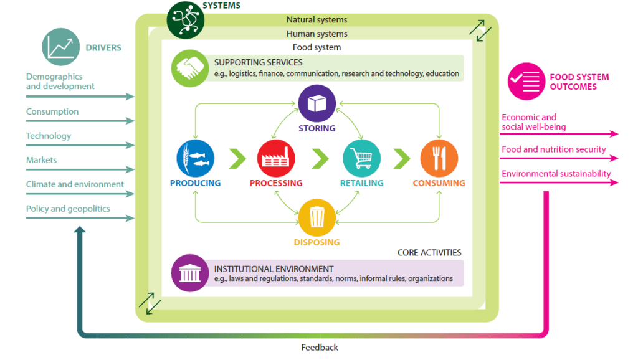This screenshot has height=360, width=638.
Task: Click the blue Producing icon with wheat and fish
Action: point(196,158)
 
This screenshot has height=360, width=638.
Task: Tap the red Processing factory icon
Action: point(276,158)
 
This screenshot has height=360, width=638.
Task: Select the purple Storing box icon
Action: point(317,103)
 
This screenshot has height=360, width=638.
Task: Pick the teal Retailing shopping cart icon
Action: point(361,158)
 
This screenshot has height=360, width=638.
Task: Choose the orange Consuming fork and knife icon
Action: point(439,158)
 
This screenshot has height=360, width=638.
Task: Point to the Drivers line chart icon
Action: point(61,47)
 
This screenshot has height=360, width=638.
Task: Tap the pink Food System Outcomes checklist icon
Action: point(526,82)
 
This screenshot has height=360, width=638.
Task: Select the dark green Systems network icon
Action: point(185,19)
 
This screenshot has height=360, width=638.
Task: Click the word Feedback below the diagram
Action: point(320,348)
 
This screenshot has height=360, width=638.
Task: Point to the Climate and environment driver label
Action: point(75,184)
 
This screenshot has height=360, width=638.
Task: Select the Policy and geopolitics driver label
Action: point(68,209)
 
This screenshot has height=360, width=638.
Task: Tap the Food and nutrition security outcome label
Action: point(553,149)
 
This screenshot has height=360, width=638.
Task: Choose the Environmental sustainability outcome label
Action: point(556,174)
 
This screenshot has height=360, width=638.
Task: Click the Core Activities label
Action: point(429,253)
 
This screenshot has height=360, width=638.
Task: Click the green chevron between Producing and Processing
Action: point(237,158)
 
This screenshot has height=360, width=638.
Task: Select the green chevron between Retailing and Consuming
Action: point(401,158)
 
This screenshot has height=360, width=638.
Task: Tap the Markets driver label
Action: point(41,160)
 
